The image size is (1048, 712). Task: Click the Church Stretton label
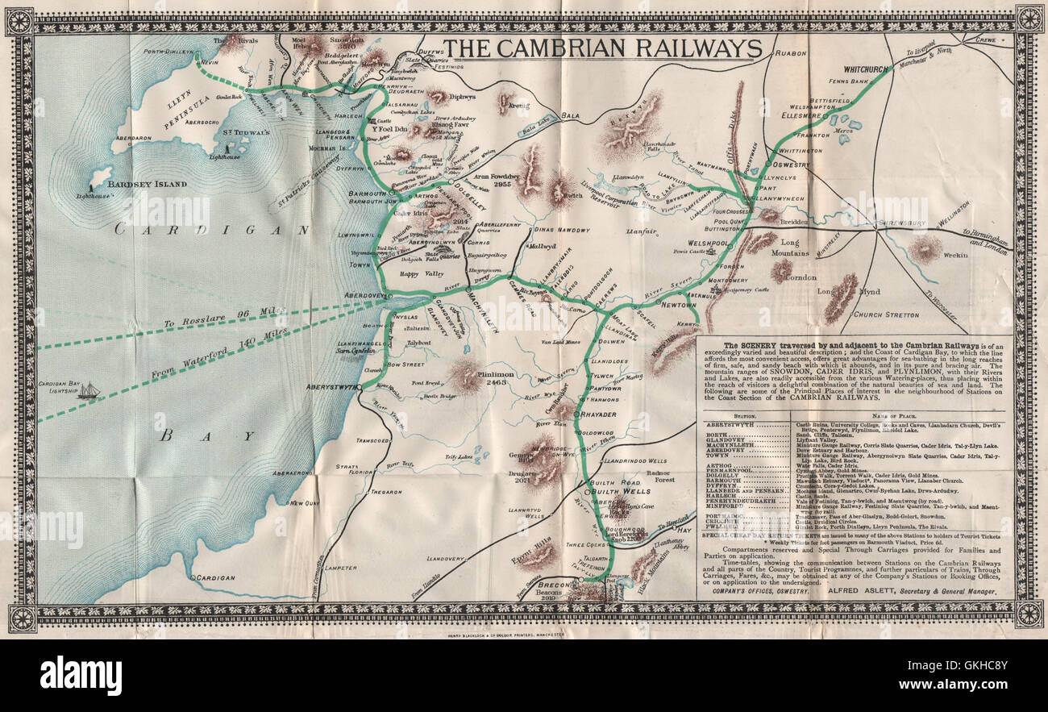(885, 314)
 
